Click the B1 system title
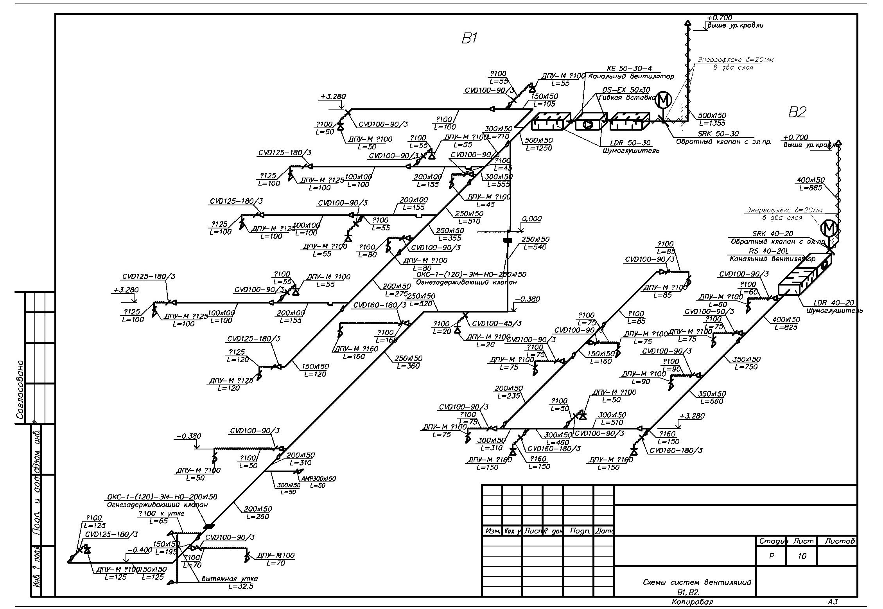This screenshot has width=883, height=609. coord(469,38)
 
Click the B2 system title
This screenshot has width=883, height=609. coord(797,113)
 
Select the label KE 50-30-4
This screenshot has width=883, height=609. coord(630,68)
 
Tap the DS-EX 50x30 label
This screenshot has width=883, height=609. coord(626,90)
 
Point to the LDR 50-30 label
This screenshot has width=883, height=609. coord(631,143)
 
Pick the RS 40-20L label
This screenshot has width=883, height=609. coord(768,251)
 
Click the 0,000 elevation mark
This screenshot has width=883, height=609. coord(531,219)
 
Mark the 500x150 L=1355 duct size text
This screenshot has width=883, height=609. coord(712,119)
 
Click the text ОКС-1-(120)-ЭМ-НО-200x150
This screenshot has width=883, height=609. coord(162,497)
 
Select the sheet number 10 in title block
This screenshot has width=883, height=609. coord(802,556)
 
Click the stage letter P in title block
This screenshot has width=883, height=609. coord(771,556)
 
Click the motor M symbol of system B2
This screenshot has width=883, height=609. coord(829,228)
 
